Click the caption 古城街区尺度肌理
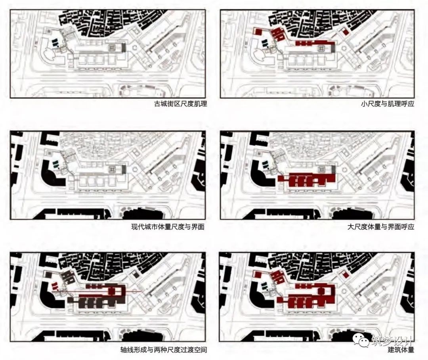click(x=180, y=104)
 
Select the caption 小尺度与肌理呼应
click(x=388, y=104)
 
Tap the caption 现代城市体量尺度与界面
click(x=168, y=227)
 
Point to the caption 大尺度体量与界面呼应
click(x=381, y=227)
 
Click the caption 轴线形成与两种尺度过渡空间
click(x=164, y=350)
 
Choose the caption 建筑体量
click(x=401, y=350)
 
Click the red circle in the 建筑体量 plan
click(x=321, y=290)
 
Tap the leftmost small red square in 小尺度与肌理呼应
click(x=257, y=31)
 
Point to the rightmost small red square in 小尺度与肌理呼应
click(x=346, y=32)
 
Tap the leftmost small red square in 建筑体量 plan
click(x=258, y=274)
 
